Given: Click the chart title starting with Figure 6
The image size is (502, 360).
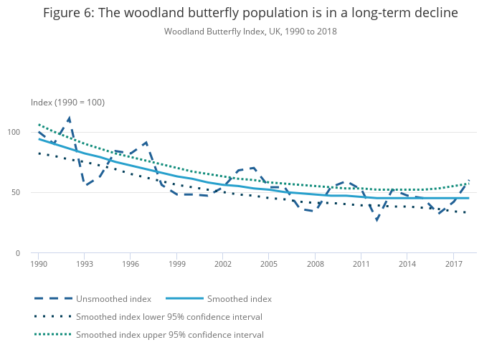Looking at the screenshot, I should pos(250,13).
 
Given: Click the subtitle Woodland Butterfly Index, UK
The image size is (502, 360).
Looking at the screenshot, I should pos(250,32).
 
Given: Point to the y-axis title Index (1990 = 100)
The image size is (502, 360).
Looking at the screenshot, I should pos(67,103).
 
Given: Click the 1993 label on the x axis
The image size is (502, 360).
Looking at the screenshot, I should pos(84,264).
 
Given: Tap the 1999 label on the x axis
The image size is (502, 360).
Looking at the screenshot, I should pos(176,264).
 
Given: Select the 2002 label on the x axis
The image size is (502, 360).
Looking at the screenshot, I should pos(222,264).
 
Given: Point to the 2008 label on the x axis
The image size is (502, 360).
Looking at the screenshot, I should pos(314,264).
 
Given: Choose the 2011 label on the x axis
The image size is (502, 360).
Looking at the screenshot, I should pos(361,264).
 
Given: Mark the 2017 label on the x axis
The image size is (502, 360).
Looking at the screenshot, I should pos(453,264).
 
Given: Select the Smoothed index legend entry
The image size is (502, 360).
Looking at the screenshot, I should pos(240,298).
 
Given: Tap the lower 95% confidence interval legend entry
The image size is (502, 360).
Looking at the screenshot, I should pos(169,316).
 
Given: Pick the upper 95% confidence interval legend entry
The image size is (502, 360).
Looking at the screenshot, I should pos(169,334).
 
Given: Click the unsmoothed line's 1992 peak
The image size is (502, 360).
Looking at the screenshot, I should pos(69,118).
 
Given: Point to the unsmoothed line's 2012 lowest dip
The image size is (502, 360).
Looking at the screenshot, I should pos(376,219).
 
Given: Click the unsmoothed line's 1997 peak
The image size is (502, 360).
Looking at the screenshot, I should pos(146,142).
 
